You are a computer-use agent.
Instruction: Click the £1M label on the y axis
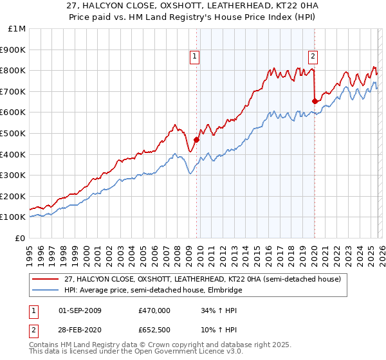17,28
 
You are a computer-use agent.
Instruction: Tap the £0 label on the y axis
21,238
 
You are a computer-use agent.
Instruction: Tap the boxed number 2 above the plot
313,55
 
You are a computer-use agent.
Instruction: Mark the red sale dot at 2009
196,139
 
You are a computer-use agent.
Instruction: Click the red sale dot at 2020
315,101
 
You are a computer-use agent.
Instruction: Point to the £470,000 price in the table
154,310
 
